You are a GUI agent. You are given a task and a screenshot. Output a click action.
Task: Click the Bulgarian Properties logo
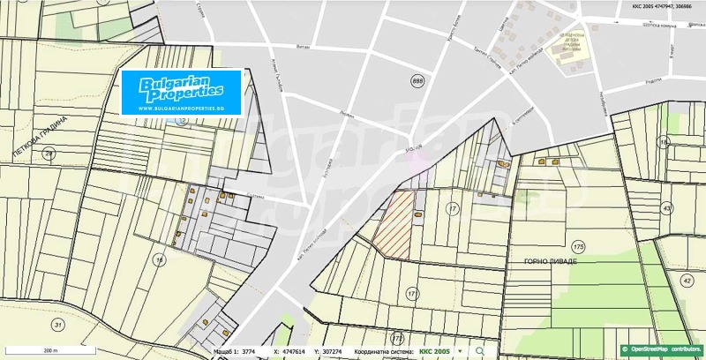tap(181, 91)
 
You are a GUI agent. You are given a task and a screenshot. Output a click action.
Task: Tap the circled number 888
tap(417, 80)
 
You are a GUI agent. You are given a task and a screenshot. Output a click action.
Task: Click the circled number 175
tap(578, 245)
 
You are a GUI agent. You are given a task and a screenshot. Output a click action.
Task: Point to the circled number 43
tap(666, 208)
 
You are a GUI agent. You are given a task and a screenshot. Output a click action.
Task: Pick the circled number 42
tap(687, 280)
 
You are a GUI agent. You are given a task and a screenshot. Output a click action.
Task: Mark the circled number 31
tap(58, 325)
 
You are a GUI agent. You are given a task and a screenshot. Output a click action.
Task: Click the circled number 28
tap(49, 154)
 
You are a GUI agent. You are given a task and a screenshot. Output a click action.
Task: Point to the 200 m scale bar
tap(49, 350)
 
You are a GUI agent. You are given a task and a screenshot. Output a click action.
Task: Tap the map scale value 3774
tap(250, 351)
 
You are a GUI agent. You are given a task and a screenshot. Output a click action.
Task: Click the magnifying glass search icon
tap(480, 350)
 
